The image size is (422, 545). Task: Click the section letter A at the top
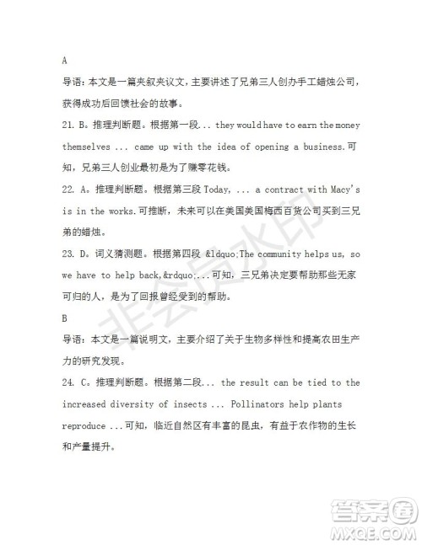coord(65,60)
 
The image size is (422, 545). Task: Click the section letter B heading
coord(65,319)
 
